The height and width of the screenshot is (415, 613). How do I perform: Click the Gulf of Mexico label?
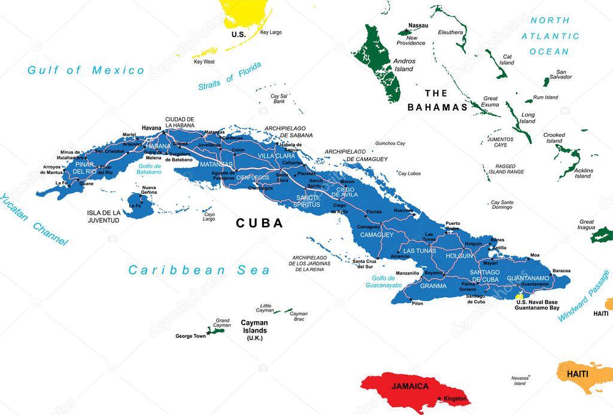point(86,71)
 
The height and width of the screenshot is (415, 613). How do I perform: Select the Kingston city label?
point(456,399)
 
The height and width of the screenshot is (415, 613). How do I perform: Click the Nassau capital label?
point(418,25)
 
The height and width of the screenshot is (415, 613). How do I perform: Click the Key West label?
point(204,62)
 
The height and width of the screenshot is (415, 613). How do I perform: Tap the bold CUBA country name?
point(259,223)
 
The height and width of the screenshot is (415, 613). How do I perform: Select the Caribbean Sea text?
point(199,270)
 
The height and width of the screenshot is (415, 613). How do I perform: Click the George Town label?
point(190,336)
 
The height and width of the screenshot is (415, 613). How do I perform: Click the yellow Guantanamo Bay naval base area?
point(519,296)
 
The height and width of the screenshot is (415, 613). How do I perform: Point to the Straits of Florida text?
point(230,77)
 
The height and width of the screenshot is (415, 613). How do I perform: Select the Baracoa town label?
point(561,270)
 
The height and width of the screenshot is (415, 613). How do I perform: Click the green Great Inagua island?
point(602,235)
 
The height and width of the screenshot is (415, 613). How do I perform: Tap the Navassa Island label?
point(520,380)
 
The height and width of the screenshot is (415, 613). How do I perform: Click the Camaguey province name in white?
point(377,235)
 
